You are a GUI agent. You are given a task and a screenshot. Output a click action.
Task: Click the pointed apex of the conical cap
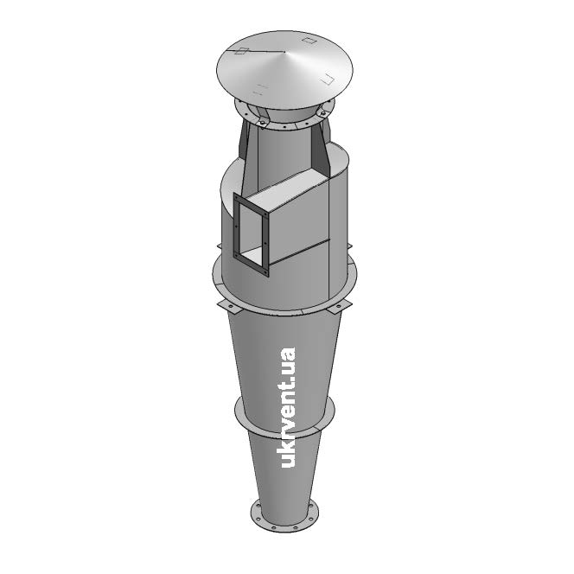284,52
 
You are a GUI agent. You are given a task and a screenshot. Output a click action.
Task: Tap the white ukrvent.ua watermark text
287,407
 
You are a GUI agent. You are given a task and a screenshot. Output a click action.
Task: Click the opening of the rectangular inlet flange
251,233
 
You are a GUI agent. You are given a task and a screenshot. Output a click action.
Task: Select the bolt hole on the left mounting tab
230,306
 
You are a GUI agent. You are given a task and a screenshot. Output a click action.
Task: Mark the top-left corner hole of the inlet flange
236,197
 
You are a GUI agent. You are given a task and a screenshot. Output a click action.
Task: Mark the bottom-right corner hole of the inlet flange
265,272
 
